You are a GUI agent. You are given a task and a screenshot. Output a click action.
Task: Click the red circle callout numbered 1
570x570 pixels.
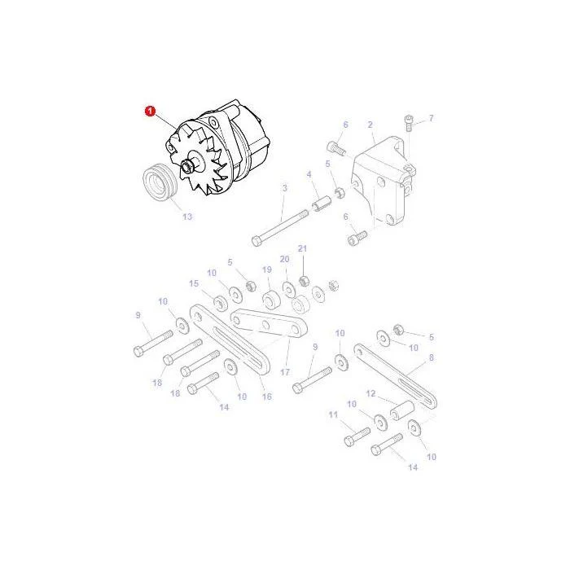[150, 112]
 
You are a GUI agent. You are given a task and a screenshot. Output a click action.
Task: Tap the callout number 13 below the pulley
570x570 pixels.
[187, 217]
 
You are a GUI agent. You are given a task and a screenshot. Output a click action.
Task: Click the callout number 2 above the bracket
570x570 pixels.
[370, 125]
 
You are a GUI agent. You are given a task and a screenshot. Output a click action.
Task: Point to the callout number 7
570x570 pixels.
[431, 118]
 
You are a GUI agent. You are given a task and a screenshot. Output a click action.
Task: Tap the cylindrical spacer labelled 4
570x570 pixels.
[322, 203]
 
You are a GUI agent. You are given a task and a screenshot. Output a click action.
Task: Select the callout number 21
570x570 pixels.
[302, 248]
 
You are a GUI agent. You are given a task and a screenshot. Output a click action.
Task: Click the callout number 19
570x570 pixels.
[267, 270]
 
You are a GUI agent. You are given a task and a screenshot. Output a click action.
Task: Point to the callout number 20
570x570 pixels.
[285, 259]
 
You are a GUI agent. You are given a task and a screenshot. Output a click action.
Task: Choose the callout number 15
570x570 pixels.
[194, 283]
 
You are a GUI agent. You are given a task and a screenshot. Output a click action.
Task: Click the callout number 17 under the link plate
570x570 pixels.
[285, 372]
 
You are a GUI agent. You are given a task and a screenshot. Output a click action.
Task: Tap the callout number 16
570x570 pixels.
[267, 397]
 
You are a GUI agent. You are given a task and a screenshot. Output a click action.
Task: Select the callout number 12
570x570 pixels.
[370, 393]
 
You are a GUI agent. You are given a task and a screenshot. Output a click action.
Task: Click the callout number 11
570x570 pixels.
[333, 414]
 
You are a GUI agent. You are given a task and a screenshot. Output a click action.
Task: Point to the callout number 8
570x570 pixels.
[431, 357]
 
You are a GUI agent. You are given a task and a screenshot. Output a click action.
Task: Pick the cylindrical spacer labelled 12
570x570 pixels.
[402, 410]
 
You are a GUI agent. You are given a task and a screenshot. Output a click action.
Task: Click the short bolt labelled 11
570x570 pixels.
[357, 437]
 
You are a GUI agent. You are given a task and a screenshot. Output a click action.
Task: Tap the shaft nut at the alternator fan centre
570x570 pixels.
[187, 168]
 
